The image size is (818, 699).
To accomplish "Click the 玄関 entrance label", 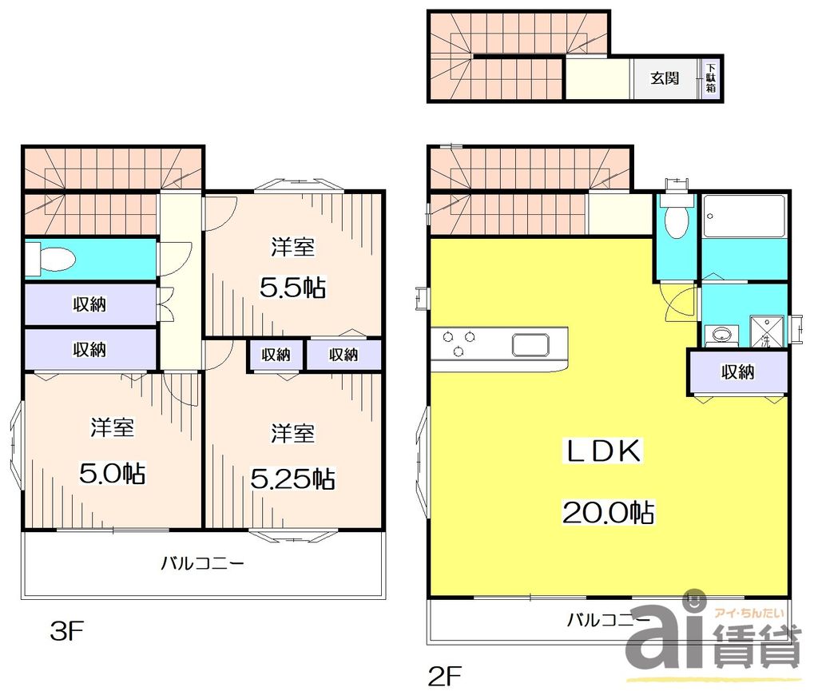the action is (664, 78).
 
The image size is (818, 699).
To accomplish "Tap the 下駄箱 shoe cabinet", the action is (710, 78).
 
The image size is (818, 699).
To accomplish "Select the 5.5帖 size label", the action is (293, 288).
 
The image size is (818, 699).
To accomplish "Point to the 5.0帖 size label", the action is (112, 474).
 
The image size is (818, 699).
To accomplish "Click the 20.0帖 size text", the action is (609, 512).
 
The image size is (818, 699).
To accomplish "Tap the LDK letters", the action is (605, 452).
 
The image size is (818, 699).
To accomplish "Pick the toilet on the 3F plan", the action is (50, 259).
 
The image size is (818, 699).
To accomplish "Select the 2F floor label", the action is (446, 677).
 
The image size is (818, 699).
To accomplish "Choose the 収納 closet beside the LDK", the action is (737, 371).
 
